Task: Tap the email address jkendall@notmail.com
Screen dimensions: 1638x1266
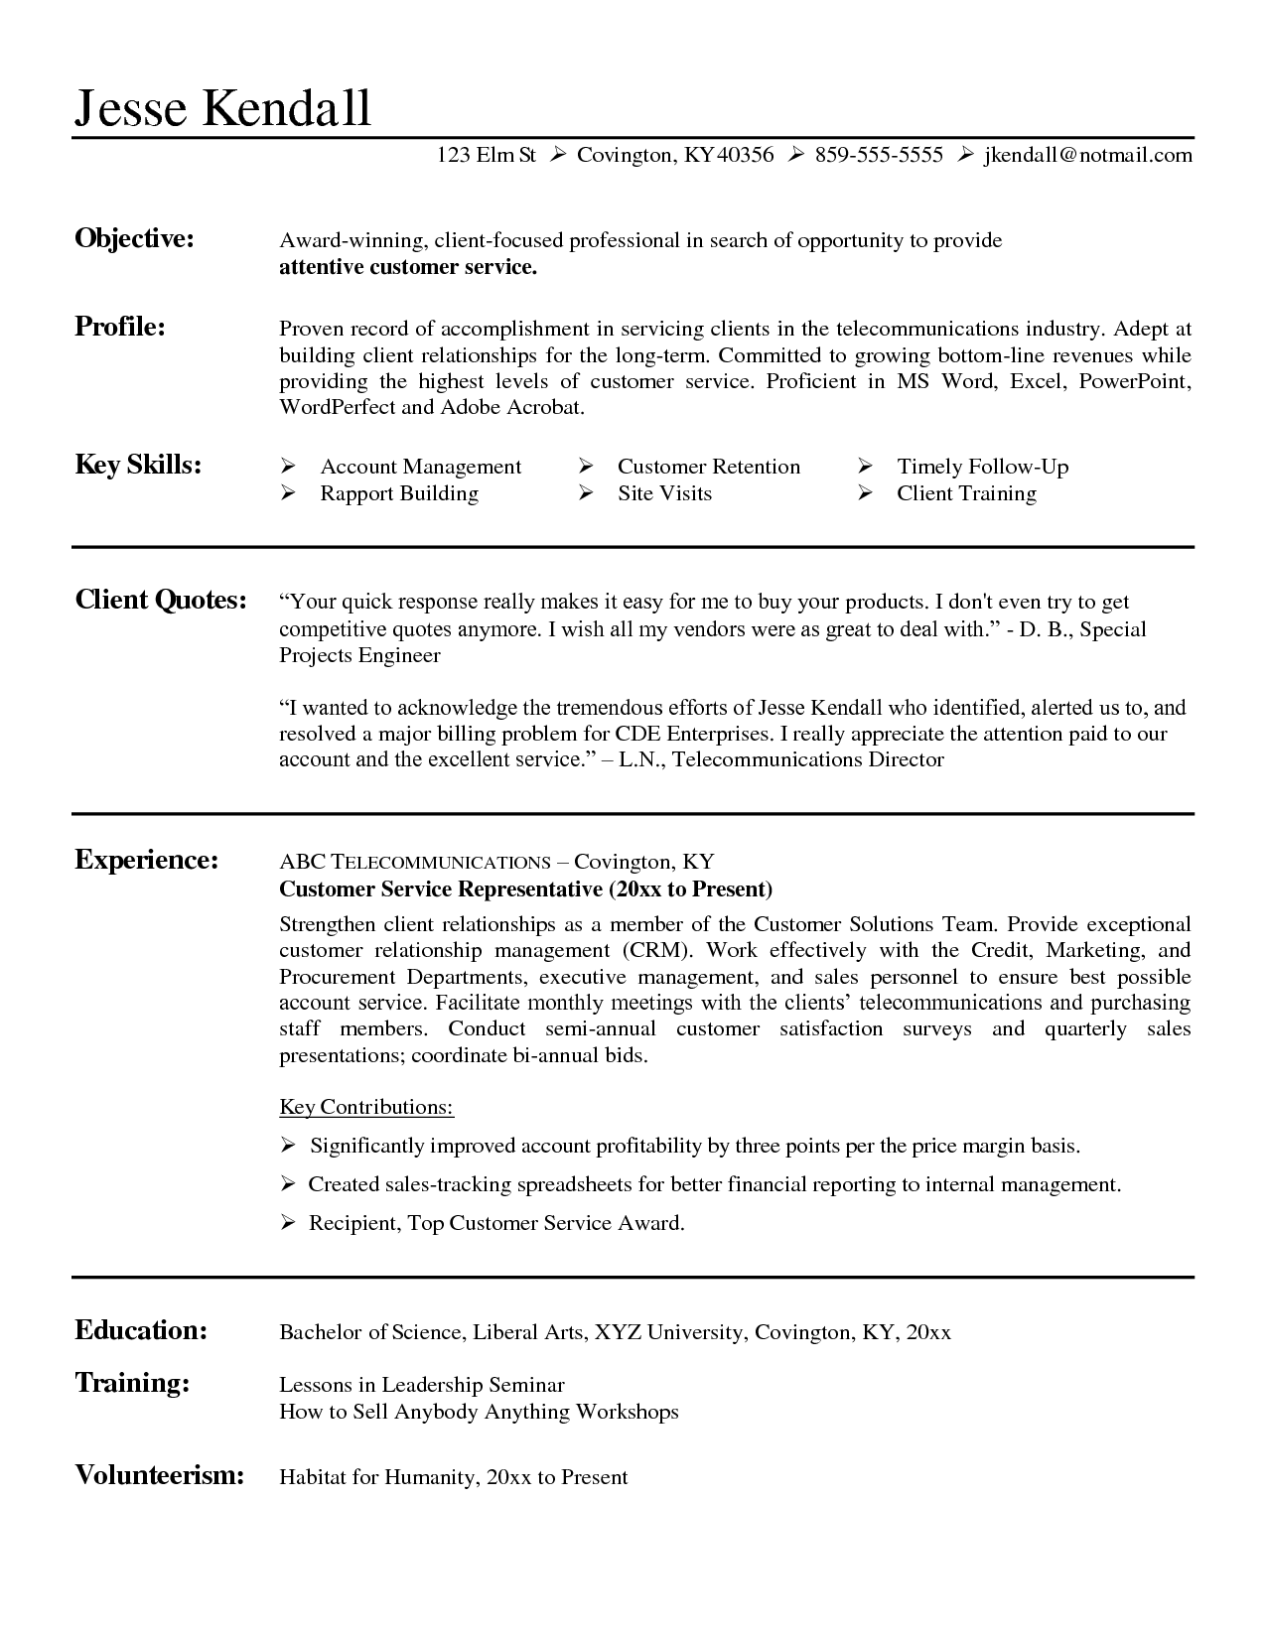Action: click(1087, 155)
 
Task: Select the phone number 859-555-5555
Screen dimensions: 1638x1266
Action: click(879, 155)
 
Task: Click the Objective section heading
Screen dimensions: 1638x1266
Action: click(134, 238)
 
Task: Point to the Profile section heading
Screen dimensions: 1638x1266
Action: click(120, 327)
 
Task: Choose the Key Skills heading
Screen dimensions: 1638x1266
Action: click(138, 465)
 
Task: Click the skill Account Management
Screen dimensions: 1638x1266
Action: click(420, 467)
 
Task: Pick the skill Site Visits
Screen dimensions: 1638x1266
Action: click(664, 493)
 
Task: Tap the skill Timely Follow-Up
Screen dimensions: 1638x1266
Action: click(982, 467)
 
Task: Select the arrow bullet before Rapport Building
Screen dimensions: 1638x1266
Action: click(289, 493)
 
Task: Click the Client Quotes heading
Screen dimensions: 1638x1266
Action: click(161, 600)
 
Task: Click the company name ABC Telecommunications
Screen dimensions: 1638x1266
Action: click(415, 862)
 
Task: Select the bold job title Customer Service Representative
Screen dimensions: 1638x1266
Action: click(441, 888)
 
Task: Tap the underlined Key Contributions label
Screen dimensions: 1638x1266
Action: click(366, 1107)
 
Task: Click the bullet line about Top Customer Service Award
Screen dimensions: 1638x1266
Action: click(496, 1223)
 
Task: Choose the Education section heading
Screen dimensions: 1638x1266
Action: click(141, 1330)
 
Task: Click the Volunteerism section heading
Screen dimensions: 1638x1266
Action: click(160, 1474)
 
